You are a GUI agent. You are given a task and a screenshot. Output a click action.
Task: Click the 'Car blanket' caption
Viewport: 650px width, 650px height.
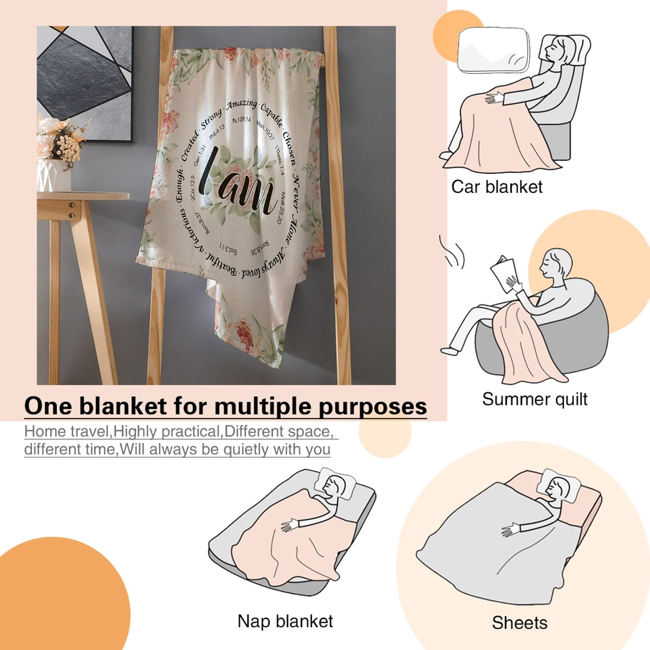click(x=497, y=187)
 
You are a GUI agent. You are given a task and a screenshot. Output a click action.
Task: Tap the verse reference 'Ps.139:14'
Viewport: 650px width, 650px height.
click(x=242, y=120)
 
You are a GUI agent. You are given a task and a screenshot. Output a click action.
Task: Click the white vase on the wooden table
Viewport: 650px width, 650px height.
click(x=54, y=175)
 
